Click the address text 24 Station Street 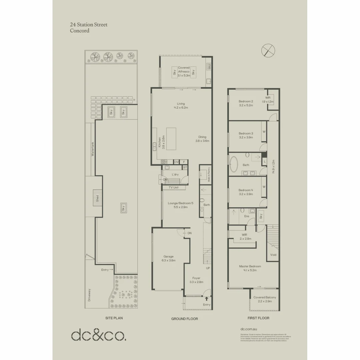pyautogui.click(x=88, y=25)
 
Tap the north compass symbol pyautogui.click(x=268, y=50)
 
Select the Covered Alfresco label pyautogui.click(x=184, y=72)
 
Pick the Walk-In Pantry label pyautogui.click(x=209, y=174)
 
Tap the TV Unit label pyautogui.click(x=174, y=188)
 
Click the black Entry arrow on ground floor pyautogui.click(x=207, y=299)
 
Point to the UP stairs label pyautogui.click(x=208, y=268)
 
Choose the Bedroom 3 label pyautogui.click(x=246, y=135)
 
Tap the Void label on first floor pyautogui.click(x=273, y=255)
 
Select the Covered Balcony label pyautogui.click(x=265, y=299)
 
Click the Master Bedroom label pyautogui.click(x=250, y=268)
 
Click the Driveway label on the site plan pyautogui.click(x=89, y=295)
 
